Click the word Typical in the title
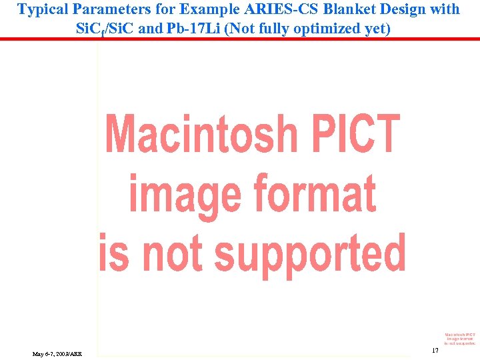(x=42, y=9)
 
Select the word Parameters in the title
(x=106, y=9)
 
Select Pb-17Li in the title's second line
(x=192, y=29)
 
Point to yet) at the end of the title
(x=377, y=29)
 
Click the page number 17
(x=435, y=350)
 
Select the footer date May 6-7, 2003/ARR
(x=57, y=353)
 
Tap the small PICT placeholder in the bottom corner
(x=460, y=339)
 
